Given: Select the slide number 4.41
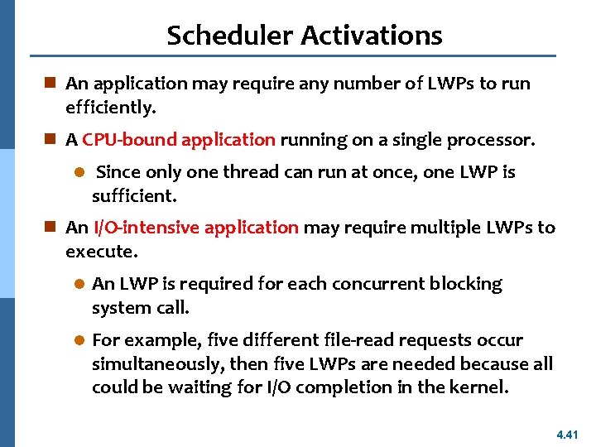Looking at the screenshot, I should click(x=570, y=433).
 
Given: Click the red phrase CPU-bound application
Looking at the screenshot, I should click(x=179, y=140).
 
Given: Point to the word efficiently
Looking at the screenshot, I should click(x=111, y=108).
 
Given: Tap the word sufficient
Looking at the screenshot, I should click(x=134, y=196).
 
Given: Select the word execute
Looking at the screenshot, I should click(x=99, y=252).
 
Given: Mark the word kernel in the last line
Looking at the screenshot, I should click(x=482, y=387).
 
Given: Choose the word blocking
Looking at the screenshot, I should click(x=466, y=284).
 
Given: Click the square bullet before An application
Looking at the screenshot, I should click(x=51, y=84).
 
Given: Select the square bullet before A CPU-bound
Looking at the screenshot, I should click(x=51, y=140).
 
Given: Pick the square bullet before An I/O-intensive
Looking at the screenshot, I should click(x=51, y=228).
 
